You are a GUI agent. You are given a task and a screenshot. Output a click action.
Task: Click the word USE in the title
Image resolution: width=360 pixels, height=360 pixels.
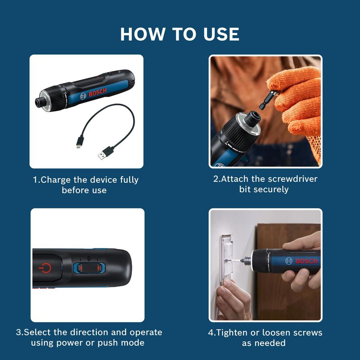pos(221,34)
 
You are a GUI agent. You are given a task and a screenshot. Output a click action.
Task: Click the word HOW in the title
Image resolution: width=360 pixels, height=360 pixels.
pos(143,34)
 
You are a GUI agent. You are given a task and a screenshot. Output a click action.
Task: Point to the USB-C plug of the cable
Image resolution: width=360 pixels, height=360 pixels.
pos(81,141)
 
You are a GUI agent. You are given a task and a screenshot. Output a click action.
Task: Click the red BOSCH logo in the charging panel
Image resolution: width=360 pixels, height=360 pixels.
pos(98,92)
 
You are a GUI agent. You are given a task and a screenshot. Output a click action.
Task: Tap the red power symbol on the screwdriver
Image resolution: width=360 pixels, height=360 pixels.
pos(45,268)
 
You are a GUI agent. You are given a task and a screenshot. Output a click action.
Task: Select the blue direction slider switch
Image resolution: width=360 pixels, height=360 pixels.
pos(89,268)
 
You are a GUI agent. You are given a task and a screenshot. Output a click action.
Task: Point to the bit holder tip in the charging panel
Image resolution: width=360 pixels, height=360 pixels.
pos(40,102)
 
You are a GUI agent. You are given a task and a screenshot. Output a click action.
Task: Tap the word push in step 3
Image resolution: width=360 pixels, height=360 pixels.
pos(107,343)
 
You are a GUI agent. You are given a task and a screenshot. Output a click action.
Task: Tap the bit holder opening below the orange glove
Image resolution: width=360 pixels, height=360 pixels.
pos(253,117)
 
